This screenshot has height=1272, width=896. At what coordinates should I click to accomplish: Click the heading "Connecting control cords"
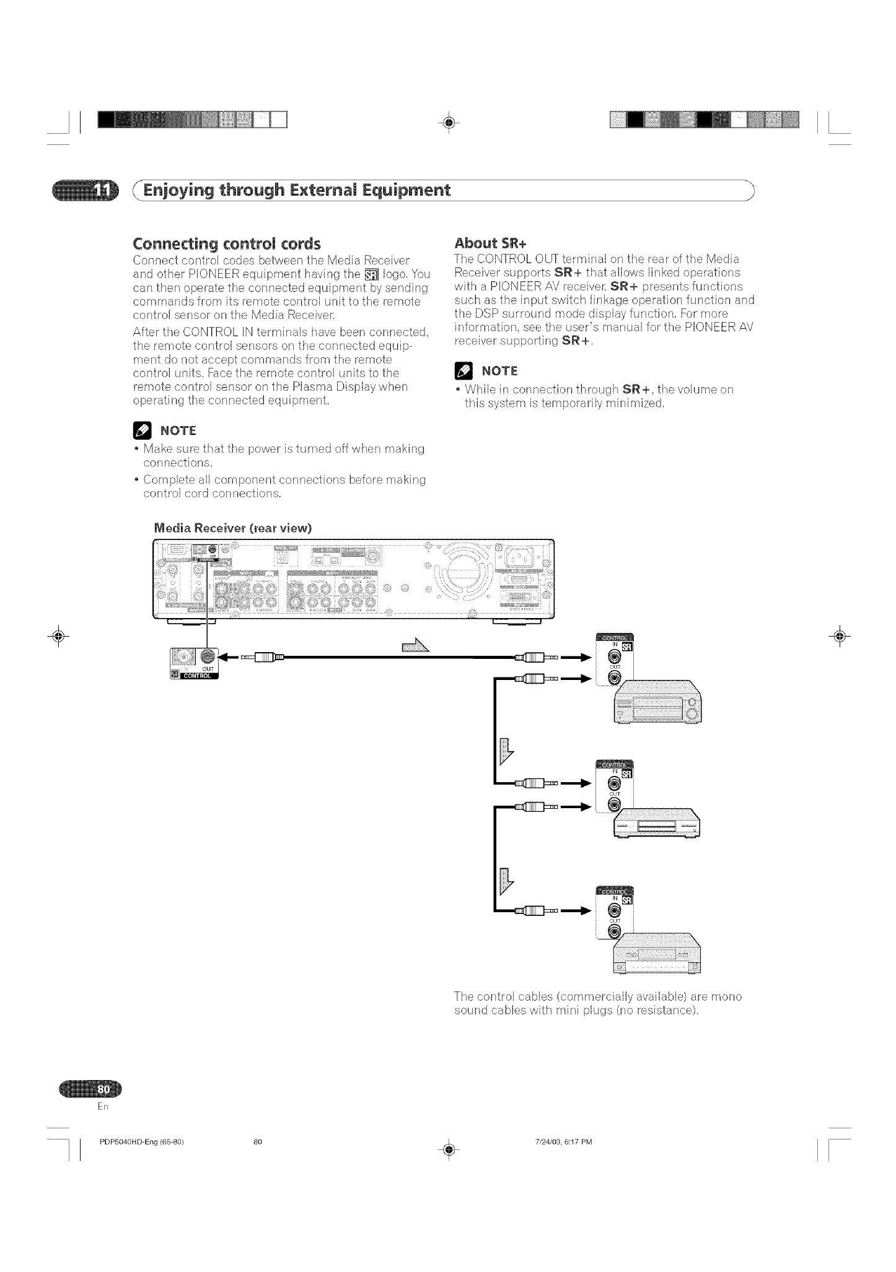(227, 242)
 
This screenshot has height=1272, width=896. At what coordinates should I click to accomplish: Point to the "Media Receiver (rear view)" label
(232, 528)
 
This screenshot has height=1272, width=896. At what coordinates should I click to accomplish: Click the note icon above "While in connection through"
(462, 371)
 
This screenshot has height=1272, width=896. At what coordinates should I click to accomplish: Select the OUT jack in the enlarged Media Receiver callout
(208, 656)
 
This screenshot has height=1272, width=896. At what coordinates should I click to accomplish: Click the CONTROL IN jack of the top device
(614, 656)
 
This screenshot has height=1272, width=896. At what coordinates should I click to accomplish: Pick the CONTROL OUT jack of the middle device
(614, 804)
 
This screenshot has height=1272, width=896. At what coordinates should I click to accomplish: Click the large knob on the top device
(692, 715)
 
